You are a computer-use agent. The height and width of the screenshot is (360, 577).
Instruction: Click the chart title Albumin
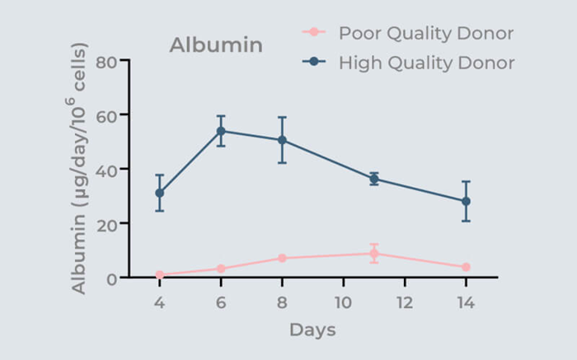[216, 44]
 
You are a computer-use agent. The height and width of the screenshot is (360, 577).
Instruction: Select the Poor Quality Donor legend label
[426, 33]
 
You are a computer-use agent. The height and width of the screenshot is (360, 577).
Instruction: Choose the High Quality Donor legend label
[426, 63]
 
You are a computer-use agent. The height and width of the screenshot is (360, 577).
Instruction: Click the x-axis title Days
[312, 330]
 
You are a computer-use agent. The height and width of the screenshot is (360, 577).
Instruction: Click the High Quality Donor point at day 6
[221, 131]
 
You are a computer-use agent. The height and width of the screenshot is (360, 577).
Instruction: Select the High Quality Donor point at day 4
[159, 194]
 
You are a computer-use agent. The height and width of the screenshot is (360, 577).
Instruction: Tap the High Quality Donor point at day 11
[374, 179]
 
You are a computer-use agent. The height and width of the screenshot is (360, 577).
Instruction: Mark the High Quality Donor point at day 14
[466, 201]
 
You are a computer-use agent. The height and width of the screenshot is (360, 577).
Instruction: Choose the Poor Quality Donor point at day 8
[282, 258]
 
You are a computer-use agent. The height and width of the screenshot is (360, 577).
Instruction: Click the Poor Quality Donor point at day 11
[374, 253]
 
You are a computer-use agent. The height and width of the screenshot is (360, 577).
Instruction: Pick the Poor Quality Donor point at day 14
[466, 267]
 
